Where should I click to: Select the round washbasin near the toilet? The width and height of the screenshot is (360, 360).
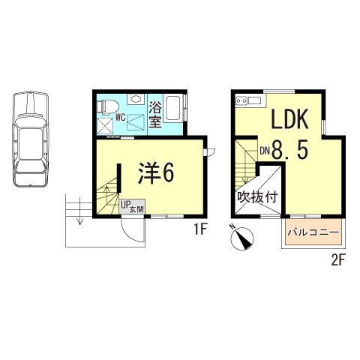[x=136, y=100]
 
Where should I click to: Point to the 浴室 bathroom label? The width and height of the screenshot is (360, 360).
[x=156, y=113]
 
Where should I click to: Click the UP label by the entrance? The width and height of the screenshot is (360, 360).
[x=124, y=202]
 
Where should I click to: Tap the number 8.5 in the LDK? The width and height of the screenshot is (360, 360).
[x=289, y=151]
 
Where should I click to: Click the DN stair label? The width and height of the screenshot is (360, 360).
[x=265, y=151]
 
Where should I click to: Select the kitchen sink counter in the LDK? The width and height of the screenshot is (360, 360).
[x=250, y=100]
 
